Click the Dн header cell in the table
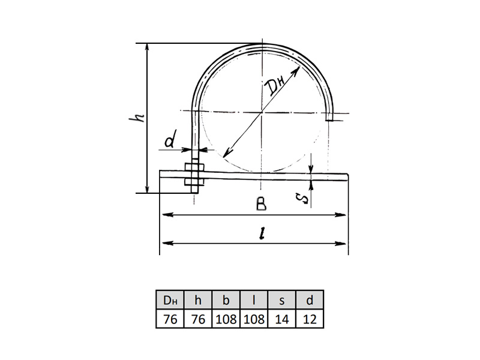pos(170,300)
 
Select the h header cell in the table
pos(198,300)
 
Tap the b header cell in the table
pos(226,300)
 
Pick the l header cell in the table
pos(254,300)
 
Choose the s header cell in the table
pos(281,300)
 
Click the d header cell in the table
pos(310,300)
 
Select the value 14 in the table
pos(281,319)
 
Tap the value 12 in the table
pos(310,319)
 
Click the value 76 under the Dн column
pos(170,319)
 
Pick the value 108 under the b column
pos(226,319)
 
